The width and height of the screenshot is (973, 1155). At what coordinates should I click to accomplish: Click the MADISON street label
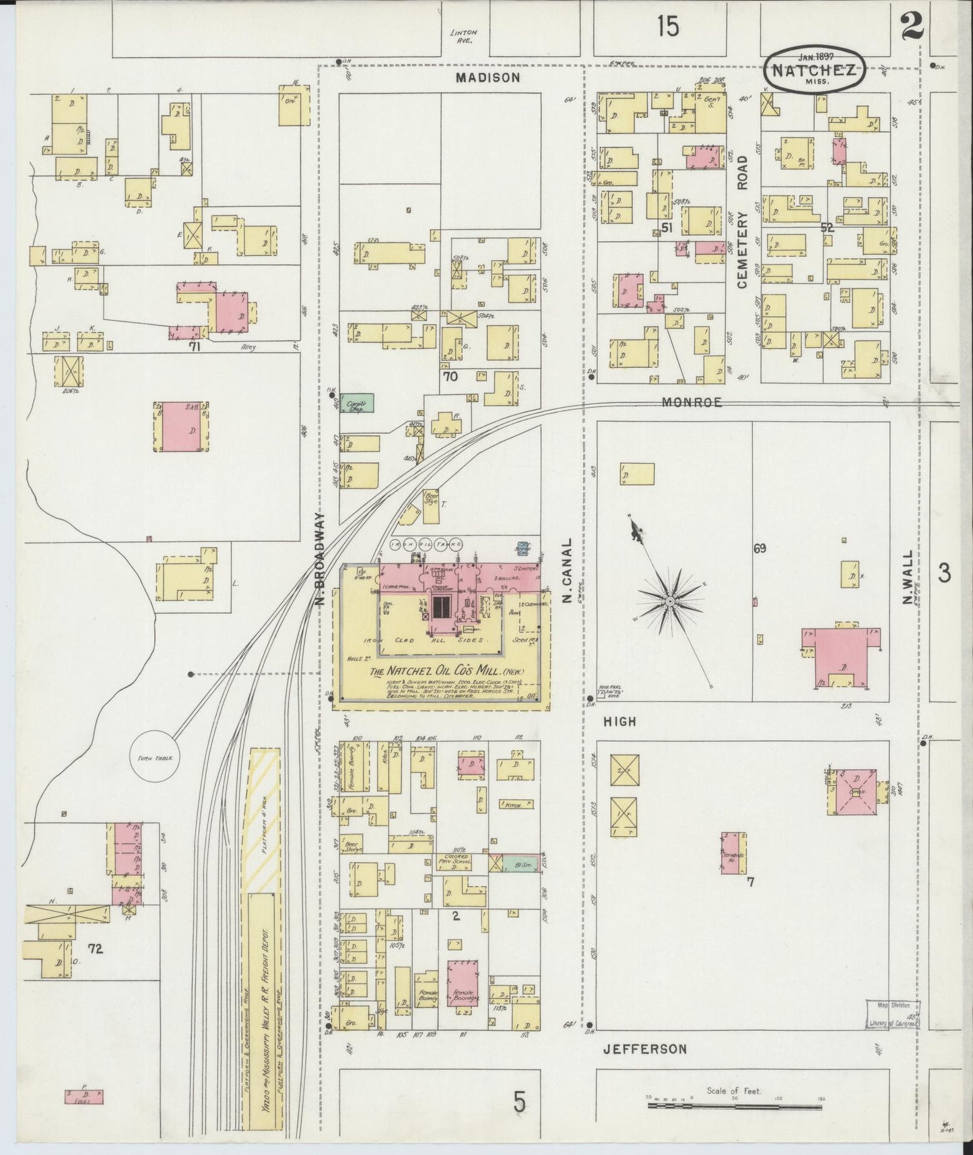(488, 77)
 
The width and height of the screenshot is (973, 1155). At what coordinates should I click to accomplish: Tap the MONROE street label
(692, 402)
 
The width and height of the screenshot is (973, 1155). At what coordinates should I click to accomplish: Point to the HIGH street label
(619, 722)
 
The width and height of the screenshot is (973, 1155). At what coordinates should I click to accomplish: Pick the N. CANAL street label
(568, 570)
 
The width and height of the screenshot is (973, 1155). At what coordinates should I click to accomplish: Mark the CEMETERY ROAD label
(743, 222)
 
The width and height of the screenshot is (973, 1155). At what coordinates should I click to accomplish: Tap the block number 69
(760, 549)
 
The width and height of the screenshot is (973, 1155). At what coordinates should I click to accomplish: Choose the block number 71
(195, 348)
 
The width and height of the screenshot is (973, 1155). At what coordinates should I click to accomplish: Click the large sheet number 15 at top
(669, 26)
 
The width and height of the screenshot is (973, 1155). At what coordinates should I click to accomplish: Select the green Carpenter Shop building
(357, 403)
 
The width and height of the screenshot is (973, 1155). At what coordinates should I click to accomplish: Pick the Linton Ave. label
(464, 36)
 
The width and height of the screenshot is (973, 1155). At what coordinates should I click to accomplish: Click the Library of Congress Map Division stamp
(890, 1015)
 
